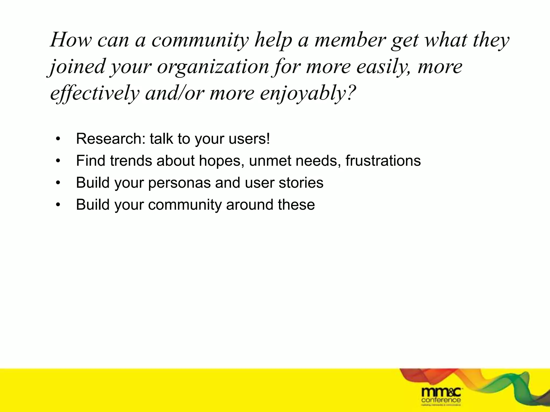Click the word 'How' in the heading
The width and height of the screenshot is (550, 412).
(71, 40)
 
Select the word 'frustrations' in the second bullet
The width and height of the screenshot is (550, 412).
(383, 161)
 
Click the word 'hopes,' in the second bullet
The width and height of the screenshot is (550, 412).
(222, 161)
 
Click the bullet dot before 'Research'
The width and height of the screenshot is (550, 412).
(58, 139)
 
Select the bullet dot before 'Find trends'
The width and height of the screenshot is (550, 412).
(58, 161)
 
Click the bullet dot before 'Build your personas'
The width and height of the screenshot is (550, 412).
(58, 183)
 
